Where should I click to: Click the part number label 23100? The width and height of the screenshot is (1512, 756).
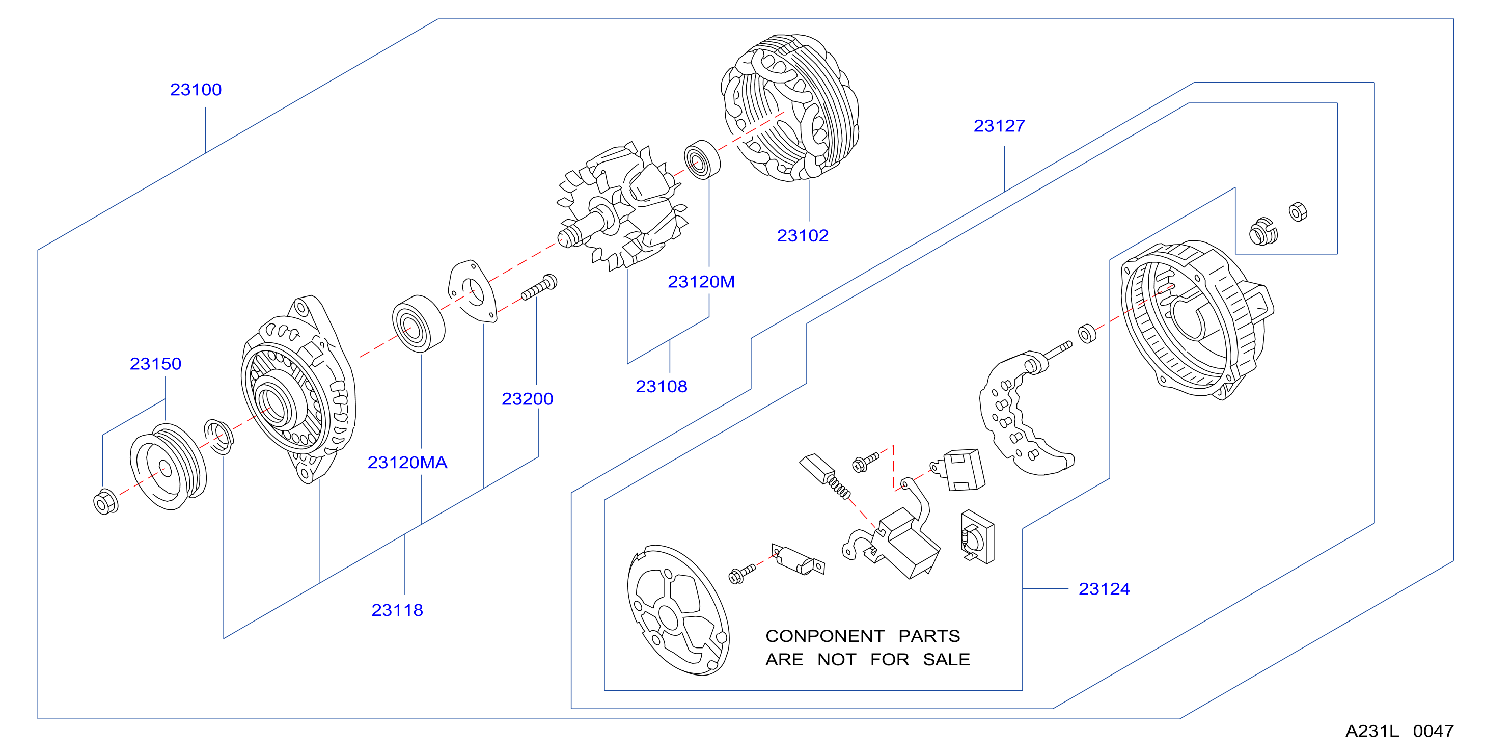196,90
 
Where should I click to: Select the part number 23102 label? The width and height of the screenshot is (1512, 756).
803,236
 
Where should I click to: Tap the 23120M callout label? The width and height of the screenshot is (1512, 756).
701,282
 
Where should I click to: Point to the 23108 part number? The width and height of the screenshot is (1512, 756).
662,387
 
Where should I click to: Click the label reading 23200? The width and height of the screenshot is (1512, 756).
527,399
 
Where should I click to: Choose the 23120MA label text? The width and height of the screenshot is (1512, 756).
407,463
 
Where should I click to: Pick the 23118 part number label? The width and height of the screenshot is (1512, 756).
397,610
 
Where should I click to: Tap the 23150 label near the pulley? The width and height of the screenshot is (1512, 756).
155,364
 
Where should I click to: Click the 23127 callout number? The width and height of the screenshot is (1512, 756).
999,126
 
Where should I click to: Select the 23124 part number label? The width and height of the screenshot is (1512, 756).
1104,589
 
